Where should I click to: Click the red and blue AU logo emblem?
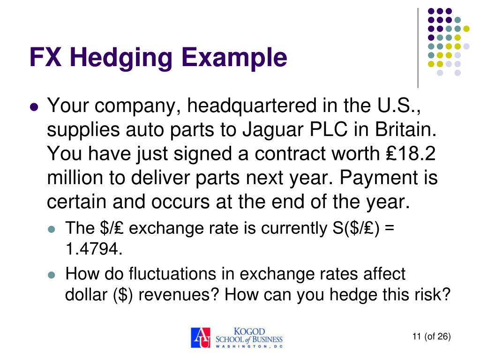click(201, 337)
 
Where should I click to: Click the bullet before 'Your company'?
click(33, 107)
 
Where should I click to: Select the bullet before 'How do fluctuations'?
click(52, 275)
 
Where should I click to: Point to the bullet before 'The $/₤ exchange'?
click(52, 229)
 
